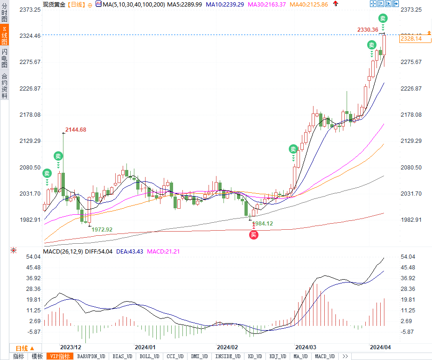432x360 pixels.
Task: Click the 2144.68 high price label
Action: pyautogui.click(x=76, y=129)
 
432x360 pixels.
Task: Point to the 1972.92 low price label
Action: pyautogui.click(x=102, y=229)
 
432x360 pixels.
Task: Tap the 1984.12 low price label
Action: pyautogui.click(x=262, y=224)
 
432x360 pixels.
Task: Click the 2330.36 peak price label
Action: pyautogui.click(x=368, y=29)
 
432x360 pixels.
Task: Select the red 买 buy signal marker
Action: pyautogui.click(x=253, y=235)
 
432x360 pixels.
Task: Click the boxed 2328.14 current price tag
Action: pyautogui.click(x=411, y=39)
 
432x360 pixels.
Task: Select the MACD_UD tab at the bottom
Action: pyautogui.click(x=325, y=356)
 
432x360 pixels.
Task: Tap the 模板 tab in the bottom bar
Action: pyautogui.click(x=37, y=356)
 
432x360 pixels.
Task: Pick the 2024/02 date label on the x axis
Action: pyautogui.click(x=228, y=347)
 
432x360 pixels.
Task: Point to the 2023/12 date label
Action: pyautogui.click(x=71, y=347)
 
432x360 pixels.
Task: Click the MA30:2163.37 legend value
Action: pyautogui.click(x=266, y=4)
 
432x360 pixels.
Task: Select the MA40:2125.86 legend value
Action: pyautogui.click(x=308, y=4)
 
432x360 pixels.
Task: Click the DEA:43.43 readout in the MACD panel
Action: pyautogui.click(x=130, y=251)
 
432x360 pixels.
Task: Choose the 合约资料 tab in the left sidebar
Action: pyautogui.click(x=4, y=86)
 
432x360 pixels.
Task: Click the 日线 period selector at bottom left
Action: pyautogui.click(x=25, y=348)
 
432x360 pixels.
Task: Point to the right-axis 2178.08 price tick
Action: pyautogui.click(x=411, y=115)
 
